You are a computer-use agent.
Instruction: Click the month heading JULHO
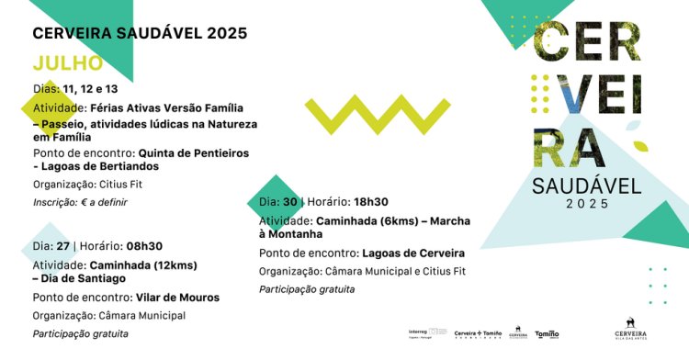[68, 63]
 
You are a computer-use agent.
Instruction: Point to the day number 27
[63, 246]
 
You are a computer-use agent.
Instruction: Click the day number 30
[290, 202]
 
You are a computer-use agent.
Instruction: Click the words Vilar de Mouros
[177, 298]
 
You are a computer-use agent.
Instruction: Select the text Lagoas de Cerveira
[413, 253]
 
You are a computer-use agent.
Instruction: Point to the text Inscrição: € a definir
[80, 202]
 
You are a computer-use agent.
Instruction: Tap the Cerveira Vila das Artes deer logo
[630, 329]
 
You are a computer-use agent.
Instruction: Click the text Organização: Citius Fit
[87, 184]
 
